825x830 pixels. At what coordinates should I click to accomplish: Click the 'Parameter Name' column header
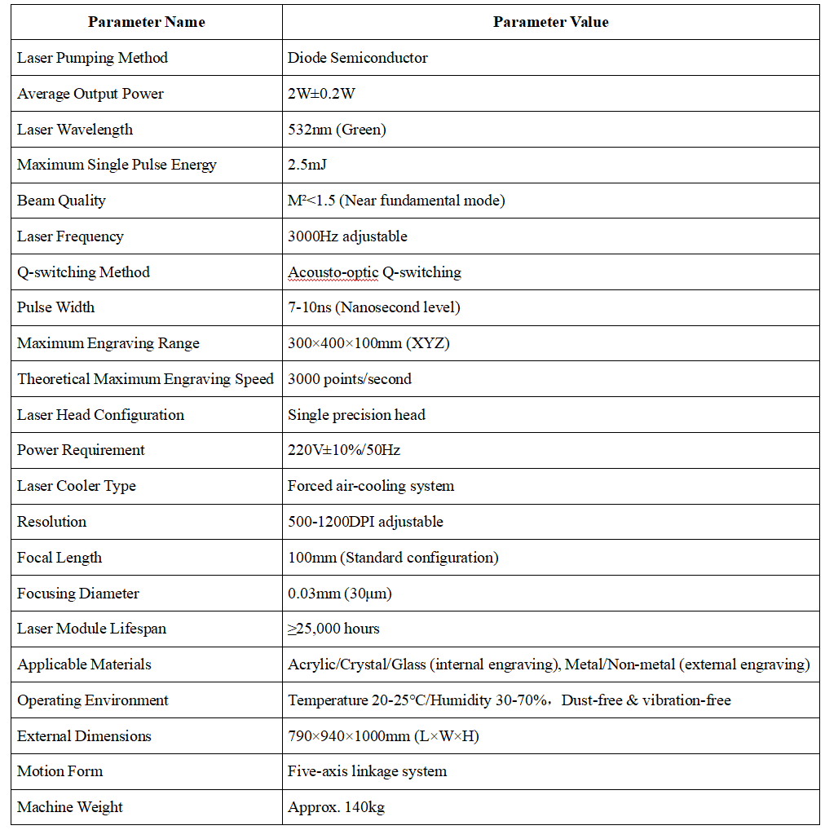coord(147,22)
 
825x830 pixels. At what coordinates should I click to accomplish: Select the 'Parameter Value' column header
coord(550,22)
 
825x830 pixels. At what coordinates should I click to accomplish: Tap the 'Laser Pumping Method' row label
coord(92,58)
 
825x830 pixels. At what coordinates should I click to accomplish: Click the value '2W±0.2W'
coord(321,94)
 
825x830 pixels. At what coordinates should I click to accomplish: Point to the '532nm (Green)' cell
coord(337,130)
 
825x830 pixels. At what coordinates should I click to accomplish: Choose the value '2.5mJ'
coord(307,165)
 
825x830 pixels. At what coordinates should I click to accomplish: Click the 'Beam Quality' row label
coord(61,201)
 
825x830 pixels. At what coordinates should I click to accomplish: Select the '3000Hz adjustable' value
coord(347,236)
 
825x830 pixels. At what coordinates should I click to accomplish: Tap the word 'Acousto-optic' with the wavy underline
coord(333,272)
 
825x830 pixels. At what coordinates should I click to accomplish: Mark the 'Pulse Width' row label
coord(55,307)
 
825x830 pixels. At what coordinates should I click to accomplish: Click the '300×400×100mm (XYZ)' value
coord(368,343)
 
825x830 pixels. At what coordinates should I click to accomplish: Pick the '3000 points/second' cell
coord(350,379)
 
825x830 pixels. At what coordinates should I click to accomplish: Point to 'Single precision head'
coord(356,415)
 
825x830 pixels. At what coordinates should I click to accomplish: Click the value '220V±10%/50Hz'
coord(343,450)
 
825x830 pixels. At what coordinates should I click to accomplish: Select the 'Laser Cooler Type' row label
coord(77,486)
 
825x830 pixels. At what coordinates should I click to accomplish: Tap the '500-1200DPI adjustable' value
coord(365,522)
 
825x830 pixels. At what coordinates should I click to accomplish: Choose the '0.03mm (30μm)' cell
coord(339,594)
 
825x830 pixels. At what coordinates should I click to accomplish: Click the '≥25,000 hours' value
coord(333,629)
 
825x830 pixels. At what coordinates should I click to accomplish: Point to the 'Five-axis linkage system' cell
coord(367,771)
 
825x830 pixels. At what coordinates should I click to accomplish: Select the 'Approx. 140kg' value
coord(336,807)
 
